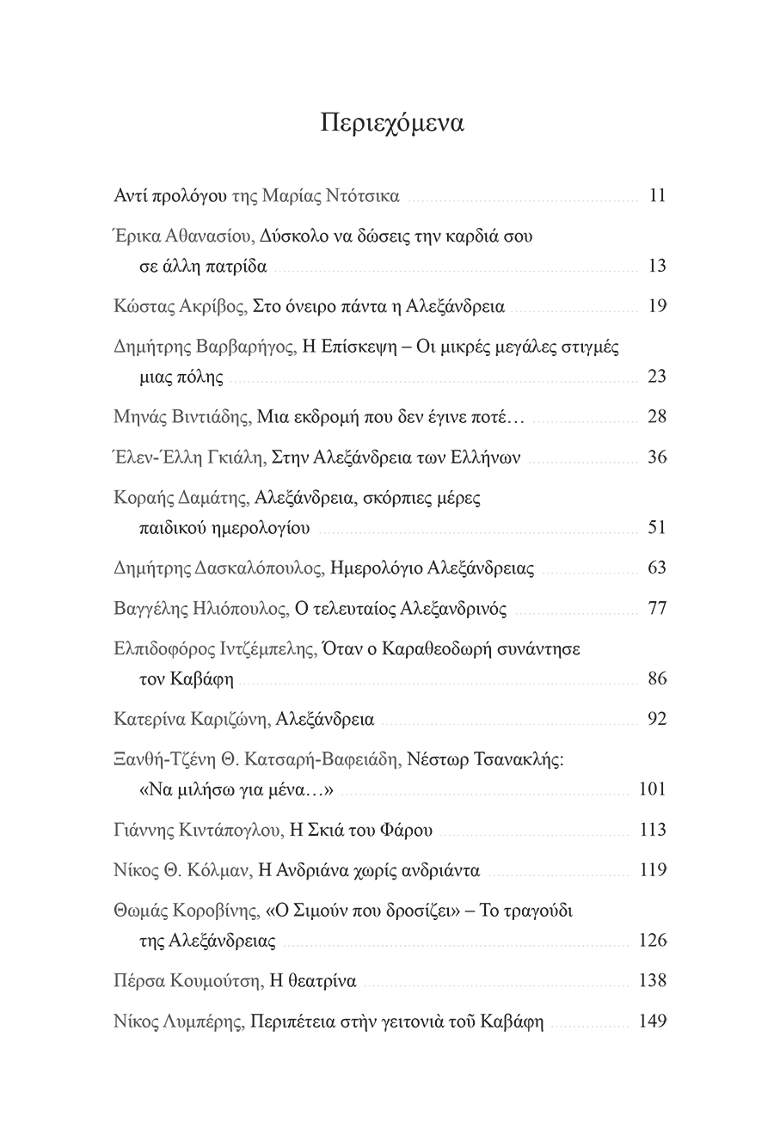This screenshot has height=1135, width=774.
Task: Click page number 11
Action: tap(657, 195)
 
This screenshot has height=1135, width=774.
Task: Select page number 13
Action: tap(657, 266)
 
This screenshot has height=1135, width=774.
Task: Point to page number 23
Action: tap(656, 376)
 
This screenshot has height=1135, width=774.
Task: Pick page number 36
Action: tap(656, 457)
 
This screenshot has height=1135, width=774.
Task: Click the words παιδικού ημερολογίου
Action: tap(224, 527)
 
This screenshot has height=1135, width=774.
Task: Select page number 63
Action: tap(656, 567)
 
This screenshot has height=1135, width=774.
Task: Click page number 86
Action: tap(656, 678)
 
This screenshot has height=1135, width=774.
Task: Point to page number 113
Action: tap(653, 830)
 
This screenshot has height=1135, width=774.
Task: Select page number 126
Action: tap(653, 940)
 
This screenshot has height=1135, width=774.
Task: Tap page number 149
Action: tap(653, 1022)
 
